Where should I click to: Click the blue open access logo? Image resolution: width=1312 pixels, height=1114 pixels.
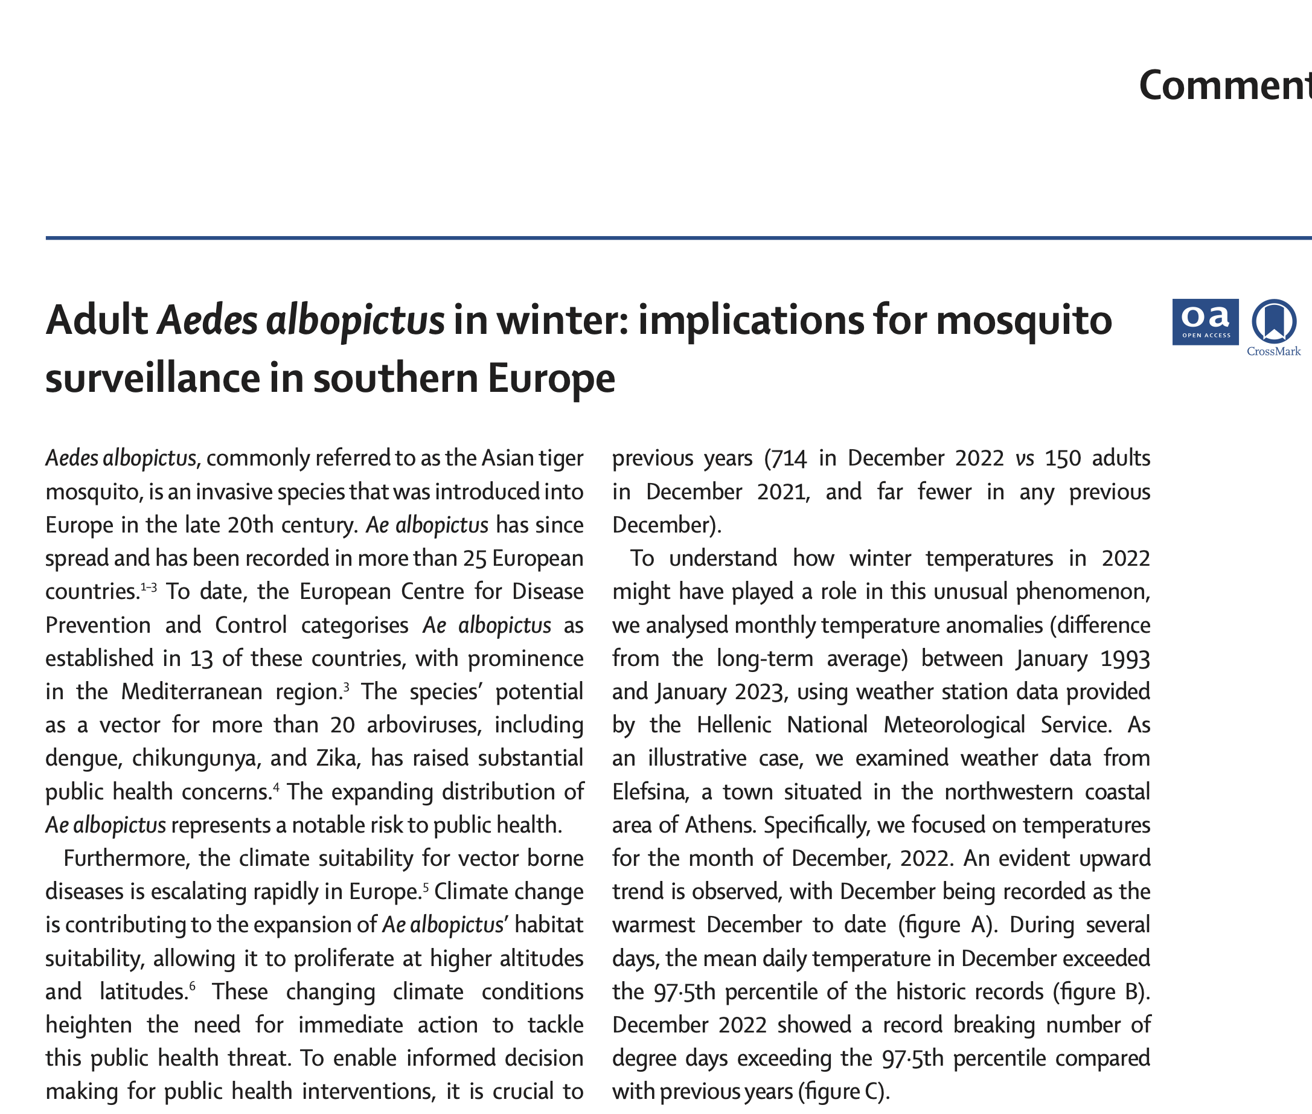1205,321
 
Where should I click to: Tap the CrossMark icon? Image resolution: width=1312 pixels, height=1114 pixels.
1273,324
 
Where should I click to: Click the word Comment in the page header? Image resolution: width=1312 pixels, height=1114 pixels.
1225,85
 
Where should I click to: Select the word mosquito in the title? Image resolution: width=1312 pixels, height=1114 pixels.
1023,320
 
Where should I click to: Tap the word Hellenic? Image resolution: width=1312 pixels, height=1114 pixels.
734,725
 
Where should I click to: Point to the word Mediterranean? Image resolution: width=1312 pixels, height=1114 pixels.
191,691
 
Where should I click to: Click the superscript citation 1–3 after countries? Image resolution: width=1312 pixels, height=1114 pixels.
149,587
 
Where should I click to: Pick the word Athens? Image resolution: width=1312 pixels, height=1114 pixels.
721,825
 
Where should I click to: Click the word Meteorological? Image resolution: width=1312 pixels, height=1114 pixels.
954,725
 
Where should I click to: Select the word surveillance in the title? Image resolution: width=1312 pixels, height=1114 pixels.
152,379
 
